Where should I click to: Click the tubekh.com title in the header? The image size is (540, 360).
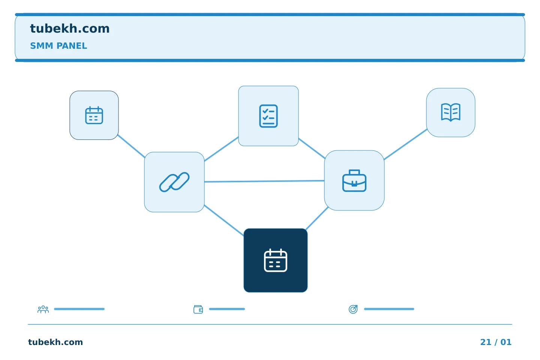(70, 28)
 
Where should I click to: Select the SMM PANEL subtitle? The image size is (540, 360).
(58, 46)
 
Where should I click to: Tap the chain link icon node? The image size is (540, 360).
(174, 182)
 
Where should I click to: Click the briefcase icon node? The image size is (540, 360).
(354, 180)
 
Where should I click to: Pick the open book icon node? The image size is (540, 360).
(451, 112)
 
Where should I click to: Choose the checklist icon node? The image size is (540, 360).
(268, 116)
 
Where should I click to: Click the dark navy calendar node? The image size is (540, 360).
(276, 260)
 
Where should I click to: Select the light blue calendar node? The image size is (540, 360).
(94, 115)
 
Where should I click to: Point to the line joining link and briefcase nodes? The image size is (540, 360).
(264, 181)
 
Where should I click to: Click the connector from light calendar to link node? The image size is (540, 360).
(131, 146)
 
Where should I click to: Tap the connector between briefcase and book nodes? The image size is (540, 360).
(406, 144)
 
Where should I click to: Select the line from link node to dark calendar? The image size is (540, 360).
(224, 220)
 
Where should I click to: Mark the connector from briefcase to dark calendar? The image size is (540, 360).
(317, 219)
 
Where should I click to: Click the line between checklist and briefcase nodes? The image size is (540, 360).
(312, 148)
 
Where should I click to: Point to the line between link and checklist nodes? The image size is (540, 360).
(221, 149)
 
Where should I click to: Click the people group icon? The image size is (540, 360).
(43, 309)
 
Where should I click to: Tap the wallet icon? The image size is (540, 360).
(198, 309)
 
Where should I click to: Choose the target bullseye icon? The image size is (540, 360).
(353, 309)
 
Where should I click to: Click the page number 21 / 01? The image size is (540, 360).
(496, 342)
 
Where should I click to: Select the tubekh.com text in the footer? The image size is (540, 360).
(55, 342)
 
